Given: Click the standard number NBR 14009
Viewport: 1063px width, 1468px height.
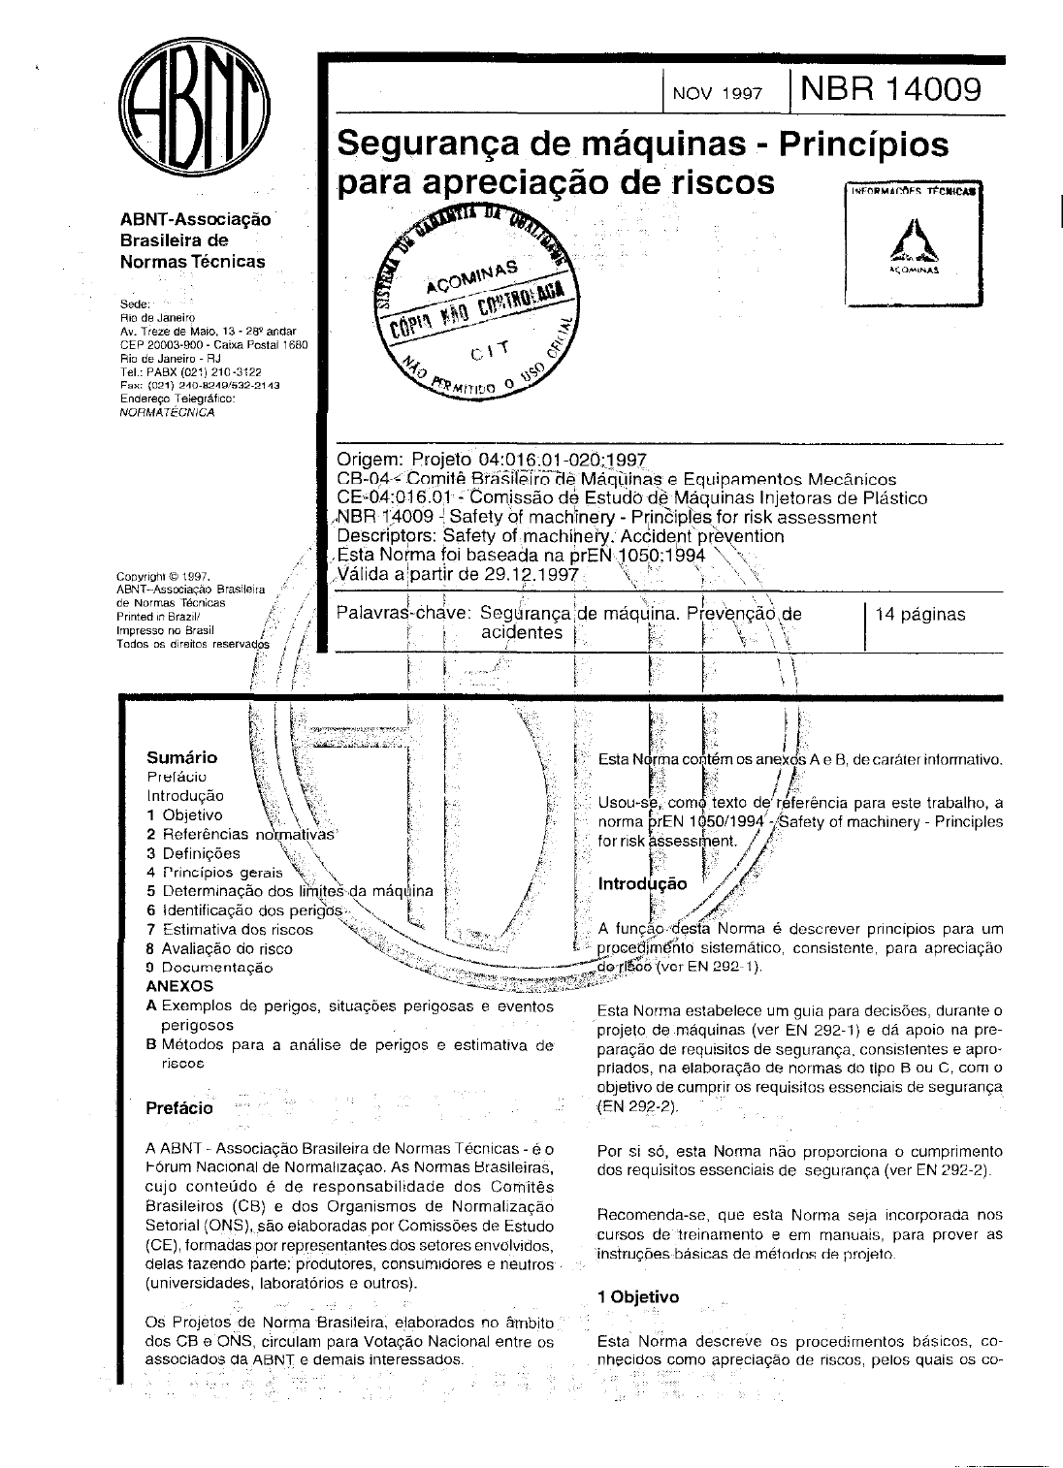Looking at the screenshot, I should (891, 89).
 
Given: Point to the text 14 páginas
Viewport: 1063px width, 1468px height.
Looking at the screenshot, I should (919, 614).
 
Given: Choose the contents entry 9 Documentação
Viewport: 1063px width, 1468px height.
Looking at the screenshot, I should (209, 968).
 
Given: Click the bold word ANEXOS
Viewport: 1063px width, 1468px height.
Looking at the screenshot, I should (178, 986).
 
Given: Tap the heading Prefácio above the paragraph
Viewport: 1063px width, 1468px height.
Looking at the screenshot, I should (178, 1107).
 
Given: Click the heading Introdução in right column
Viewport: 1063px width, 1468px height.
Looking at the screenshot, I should (642, 883).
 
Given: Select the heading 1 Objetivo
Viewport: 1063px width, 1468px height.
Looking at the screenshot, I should (638, 1297).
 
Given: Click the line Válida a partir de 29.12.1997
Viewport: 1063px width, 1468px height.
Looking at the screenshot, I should (457, 574).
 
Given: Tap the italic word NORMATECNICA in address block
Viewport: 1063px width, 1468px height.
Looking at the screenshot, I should (166, 412).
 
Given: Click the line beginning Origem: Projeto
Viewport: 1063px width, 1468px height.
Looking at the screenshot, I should (491, 460).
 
